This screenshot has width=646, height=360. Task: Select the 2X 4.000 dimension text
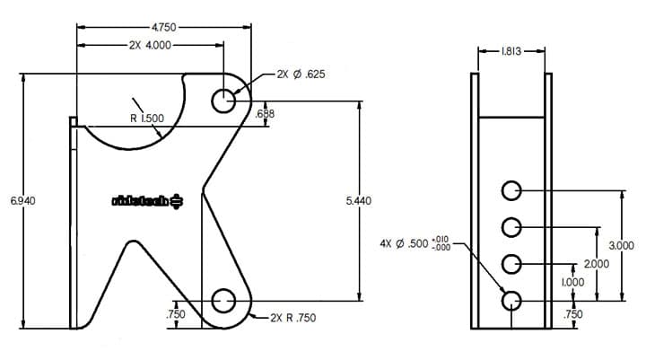(149, 44)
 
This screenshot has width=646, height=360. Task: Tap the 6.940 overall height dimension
(23, 200)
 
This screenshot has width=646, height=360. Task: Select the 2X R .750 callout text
(292, 318)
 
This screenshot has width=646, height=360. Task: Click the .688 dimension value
(265, 114)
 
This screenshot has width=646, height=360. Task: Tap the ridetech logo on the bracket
(147, 200)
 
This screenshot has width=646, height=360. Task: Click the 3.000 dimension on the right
(622, 246)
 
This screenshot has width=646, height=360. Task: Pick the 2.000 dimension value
(596, 264)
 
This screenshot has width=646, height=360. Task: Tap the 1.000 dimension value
(572, 282)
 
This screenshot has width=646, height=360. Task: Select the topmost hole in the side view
(511, 190)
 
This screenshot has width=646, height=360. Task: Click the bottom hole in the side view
(511, 300)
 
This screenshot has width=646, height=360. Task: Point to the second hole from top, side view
(511, 226)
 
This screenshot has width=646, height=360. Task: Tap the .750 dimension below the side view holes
(572, 315)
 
